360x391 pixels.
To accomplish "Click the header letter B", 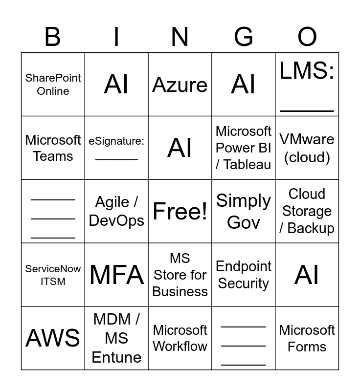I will point(53,37).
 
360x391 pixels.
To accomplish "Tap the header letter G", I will point(244,37).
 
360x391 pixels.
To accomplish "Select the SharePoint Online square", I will point(53,85).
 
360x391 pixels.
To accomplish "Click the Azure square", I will point(180,85).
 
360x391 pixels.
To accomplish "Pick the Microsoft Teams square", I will point(53,148).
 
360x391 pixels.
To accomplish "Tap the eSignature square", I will point(116,148).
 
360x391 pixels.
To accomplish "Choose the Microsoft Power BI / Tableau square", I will point(244,148).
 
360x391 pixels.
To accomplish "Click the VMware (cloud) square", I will point(307,148).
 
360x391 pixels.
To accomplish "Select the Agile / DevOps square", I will point(116,211).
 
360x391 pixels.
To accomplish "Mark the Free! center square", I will point(180,211).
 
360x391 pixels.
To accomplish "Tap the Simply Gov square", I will point(244,211).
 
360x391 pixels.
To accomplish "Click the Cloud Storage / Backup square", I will point(307,211).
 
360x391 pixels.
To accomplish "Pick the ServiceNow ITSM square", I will point(53,275).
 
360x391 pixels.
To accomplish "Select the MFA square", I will point(116,275).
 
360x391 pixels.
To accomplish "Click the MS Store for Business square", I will point(180,275).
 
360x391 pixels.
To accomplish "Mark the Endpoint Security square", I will point(244,275).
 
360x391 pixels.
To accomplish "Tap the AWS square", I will point(53,338).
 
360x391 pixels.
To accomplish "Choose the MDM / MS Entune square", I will point(116,338).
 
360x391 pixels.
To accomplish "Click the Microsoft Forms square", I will point(307,338).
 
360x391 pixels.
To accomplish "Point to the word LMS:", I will point(307,71).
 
